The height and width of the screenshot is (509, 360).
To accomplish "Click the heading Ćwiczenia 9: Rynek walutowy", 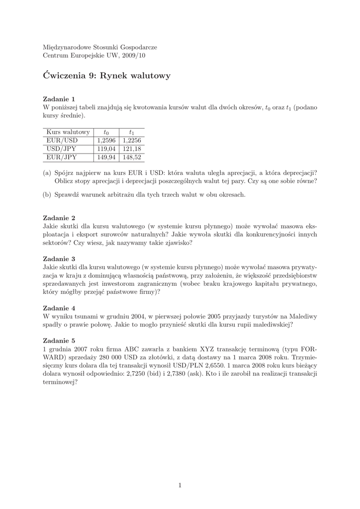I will point(107,76).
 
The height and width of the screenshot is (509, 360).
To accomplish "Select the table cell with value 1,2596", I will point(105,141).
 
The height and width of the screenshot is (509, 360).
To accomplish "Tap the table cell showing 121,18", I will point(131,149).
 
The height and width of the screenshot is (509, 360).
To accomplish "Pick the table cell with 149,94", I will point(105,157).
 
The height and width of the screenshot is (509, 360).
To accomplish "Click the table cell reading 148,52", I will point(131,157).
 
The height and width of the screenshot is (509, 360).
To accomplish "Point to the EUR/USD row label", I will point(62,141).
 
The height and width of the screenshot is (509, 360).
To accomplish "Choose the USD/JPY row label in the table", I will point(62,149).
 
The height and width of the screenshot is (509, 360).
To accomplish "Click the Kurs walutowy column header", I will point(68,132).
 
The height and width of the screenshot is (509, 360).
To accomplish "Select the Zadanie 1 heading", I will point(59,99).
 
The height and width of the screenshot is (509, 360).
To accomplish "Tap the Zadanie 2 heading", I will point(59,218).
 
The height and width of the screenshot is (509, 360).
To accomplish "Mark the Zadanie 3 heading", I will point(59,258).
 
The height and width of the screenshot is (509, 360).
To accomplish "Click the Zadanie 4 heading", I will point(59,308).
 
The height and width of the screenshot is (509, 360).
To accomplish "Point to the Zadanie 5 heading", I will point(59,340).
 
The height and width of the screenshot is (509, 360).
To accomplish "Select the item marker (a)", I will point(47,173).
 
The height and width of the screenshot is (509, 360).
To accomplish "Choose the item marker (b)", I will point(47,195).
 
